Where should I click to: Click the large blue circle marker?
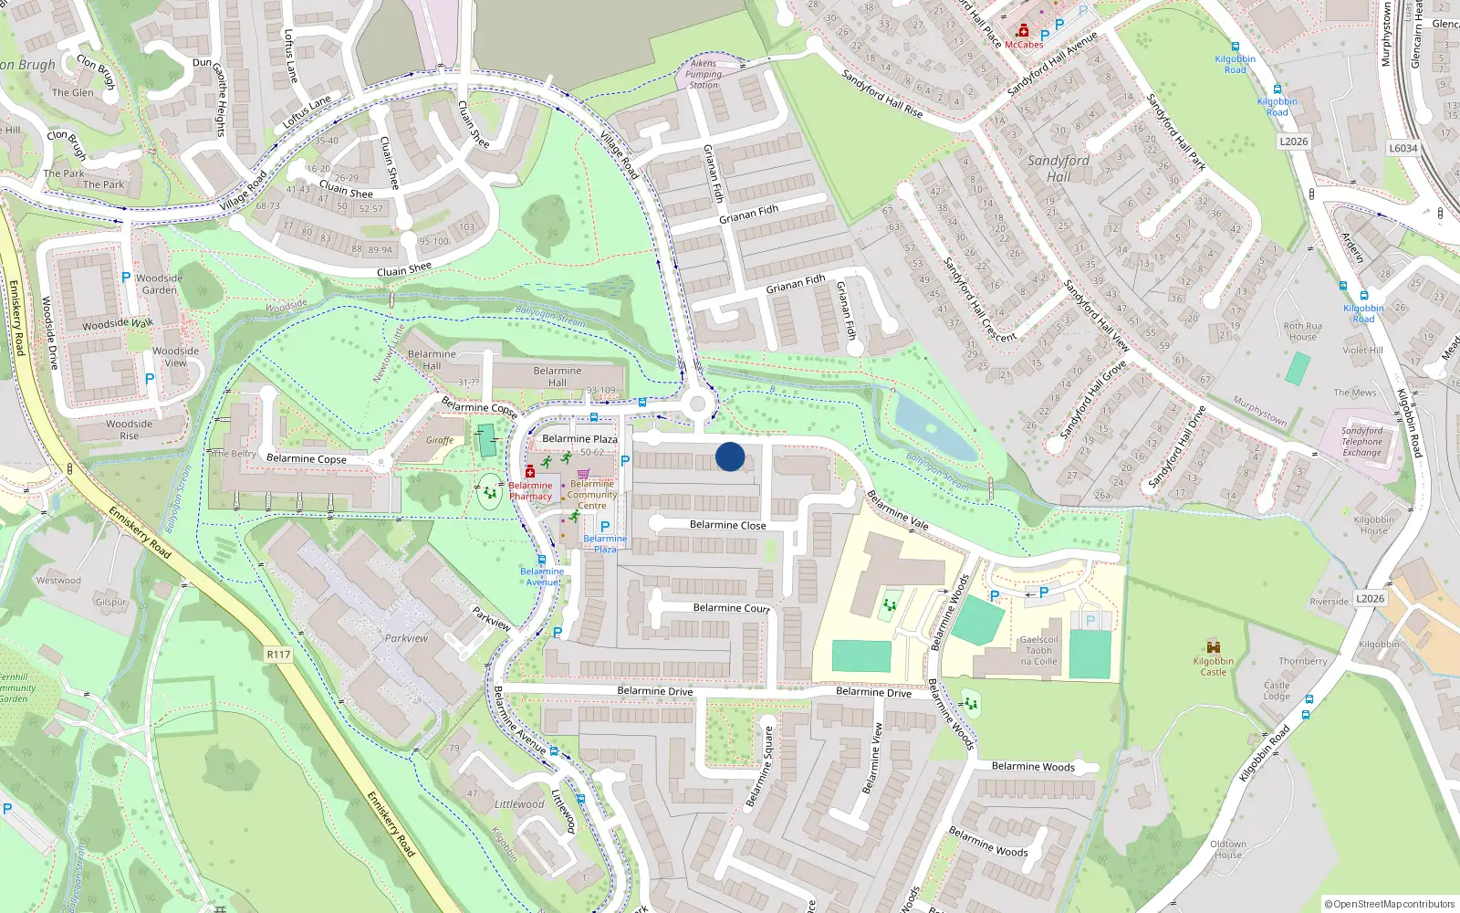click(730, 456)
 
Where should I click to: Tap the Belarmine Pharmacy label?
click(530, 491)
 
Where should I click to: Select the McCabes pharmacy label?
click(1024, 45)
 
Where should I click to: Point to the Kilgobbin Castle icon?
click(1214, 646)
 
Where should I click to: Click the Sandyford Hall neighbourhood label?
click(1058, 168)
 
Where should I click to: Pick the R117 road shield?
click(278, 655)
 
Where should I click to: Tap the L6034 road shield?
click(1403, 149)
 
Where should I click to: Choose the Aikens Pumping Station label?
click(704, 74)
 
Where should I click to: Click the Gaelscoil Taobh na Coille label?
click(1038, 650)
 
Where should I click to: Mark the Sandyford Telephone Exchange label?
click(1361, 442)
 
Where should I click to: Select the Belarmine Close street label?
click(727, 525)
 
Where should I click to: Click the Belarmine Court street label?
click(731, 608)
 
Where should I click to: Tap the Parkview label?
click(406, 638)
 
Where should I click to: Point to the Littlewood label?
click(518, 804)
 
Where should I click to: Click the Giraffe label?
click(440, 440)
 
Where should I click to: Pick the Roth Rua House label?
click(1302, 331)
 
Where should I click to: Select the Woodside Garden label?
click(159, 284)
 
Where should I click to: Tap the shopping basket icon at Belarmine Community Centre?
click(583, 473)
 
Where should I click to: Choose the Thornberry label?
click(1302, 661)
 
